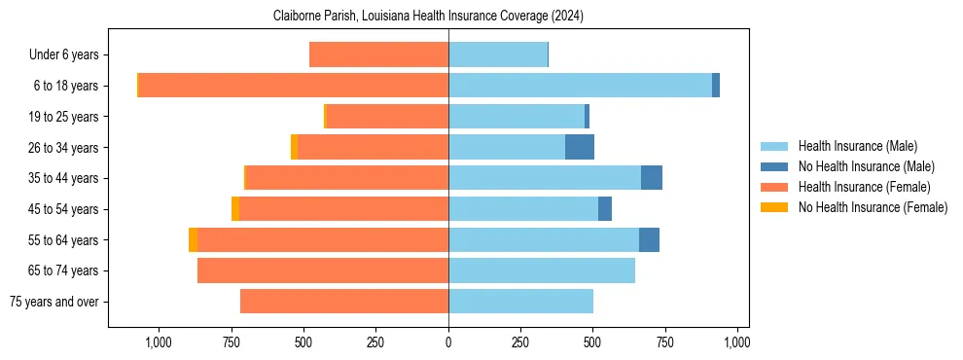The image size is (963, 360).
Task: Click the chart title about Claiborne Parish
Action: point(428,16)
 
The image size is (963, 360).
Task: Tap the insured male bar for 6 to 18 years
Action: point(580,86)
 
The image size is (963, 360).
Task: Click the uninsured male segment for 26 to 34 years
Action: point(580,147)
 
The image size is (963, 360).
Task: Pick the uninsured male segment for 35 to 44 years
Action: point(652,178)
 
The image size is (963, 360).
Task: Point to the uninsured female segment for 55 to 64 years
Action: point(193,239)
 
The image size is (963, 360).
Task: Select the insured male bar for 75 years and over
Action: point(520,302)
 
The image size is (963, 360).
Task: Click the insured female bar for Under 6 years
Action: point(378,54)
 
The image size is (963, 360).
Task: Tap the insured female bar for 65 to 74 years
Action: point(323,270)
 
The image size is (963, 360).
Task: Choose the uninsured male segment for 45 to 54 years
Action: point(605,209)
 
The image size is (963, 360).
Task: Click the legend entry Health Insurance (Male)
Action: point(857,146)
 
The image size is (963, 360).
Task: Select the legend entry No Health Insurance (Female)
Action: point(873,207)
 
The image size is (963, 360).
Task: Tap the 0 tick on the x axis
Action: point(448,342)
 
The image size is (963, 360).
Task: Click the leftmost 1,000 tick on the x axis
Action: point(159,342)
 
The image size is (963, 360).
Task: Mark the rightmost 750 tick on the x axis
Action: point(665,342)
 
